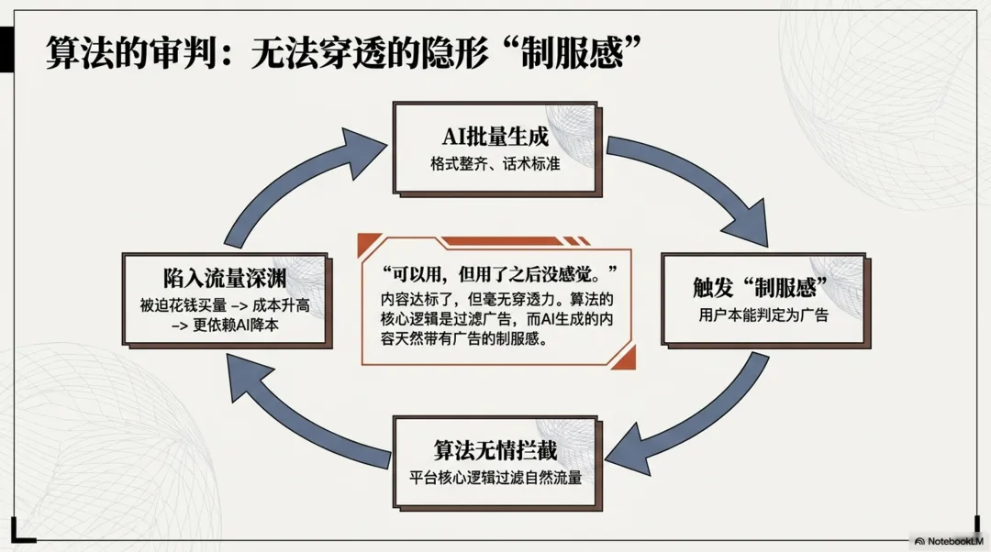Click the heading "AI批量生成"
495,137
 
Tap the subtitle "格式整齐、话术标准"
495,164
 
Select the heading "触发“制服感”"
761,287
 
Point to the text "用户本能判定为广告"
763,315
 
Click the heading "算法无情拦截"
495,450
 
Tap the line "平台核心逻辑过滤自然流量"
495,478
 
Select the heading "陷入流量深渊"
225,278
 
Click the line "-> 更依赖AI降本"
225,326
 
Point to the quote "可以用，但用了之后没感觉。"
498,273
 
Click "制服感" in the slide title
572,52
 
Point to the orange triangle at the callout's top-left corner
368,244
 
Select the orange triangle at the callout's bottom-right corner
625,359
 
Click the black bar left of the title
6,50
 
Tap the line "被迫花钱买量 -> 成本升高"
225,305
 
